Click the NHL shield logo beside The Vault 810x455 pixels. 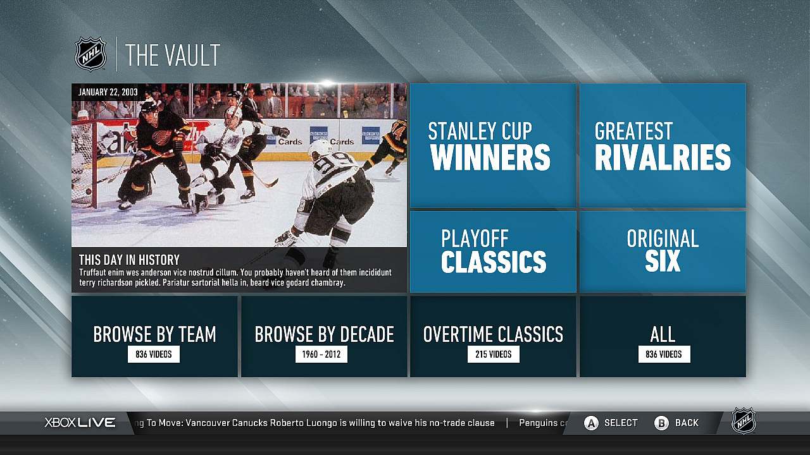(90, 54)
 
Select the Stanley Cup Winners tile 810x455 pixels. (493, 145)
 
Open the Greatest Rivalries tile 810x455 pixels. (663, 145)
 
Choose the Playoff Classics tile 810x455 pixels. (493, 252)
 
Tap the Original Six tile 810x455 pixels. (663, 252)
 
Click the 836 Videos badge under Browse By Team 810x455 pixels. (154, 355)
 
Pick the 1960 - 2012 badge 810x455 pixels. (321, 355)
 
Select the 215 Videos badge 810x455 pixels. (494, 355)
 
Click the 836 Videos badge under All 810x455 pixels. (664, 355)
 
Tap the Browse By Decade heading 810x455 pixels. (324, 334)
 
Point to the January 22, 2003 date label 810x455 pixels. (108, 92)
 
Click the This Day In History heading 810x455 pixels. (129, 260)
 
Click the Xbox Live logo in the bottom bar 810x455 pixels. (80, 423)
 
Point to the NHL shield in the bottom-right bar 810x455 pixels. (744, 421)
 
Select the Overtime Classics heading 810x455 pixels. (493, 334)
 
